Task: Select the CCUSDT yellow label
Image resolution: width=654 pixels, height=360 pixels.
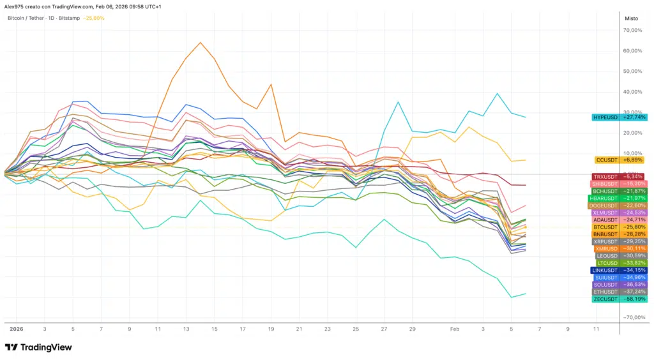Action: click(619, 160)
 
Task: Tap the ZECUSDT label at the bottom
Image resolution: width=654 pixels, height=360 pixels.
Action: click(619, 299)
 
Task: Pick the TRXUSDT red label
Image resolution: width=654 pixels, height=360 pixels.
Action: click(618, 177)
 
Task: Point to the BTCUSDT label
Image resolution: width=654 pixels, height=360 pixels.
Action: click(619, 227)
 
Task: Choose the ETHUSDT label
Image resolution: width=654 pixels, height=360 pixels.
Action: click(619, 292)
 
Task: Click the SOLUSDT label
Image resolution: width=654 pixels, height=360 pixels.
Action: click(619, 285)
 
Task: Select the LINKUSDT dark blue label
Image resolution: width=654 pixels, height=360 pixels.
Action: click(619, 271)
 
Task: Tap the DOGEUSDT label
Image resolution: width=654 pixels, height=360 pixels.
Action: click(619, 205)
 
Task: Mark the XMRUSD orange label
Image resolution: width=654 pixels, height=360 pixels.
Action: click(619, 248)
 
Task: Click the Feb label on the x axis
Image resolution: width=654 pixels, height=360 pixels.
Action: click(455, 329)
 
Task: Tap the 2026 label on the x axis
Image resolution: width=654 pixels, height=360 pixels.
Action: click(16, 329)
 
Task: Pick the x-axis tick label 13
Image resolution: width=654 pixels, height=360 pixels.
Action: click(186, 329)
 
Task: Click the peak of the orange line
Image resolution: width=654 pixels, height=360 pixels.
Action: click(201, 43)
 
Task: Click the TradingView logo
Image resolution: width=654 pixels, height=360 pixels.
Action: click(38, 347)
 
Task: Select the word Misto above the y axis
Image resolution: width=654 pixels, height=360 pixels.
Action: click(631, 18)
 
